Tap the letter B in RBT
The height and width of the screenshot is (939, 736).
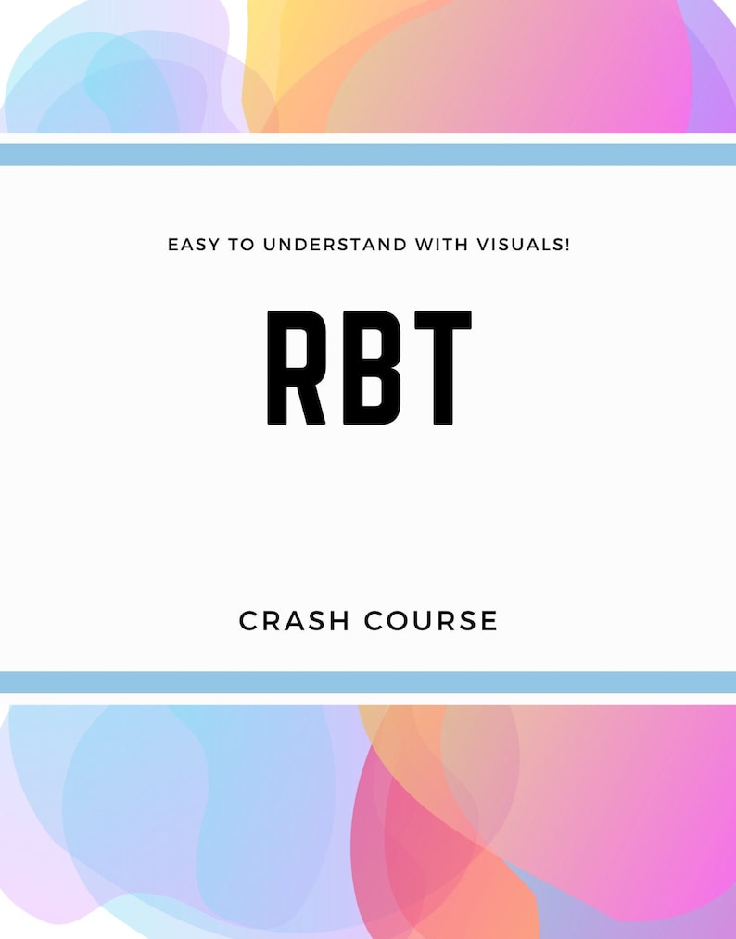click(369, 368)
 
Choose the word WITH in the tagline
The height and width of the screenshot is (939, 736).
click(443, 246)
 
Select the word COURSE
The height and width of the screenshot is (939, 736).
click(432, 620)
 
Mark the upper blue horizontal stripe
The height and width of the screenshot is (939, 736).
click(368, 155)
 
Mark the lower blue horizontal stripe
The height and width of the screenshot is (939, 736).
click(368, 682)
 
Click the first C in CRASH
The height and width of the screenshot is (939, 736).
click(249, 620)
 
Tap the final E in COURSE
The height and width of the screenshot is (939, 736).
click(489, 620)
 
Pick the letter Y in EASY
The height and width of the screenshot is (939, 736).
click(218, 246)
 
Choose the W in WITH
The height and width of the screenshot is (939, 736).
click(424, 246)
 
